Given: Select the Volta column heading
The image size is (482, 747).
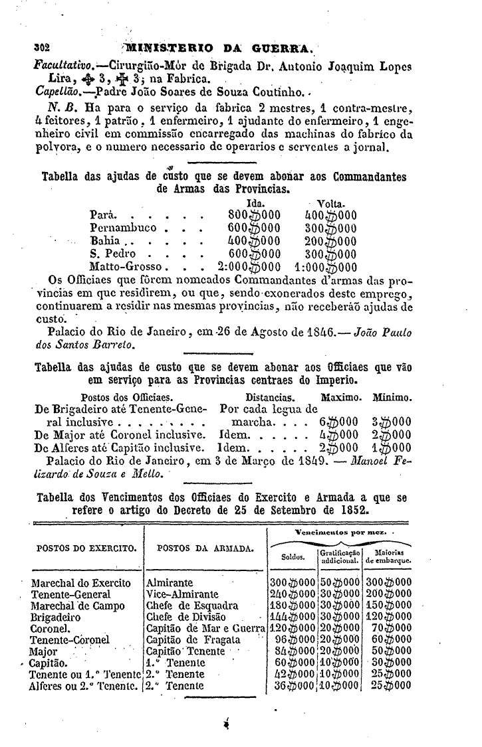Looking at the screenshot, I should [330, 203].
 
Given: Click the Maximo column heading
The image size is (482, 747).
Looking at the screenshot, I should [341, 397].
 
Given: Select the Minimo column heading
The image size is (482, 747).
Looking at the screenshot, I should [392, 397].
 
